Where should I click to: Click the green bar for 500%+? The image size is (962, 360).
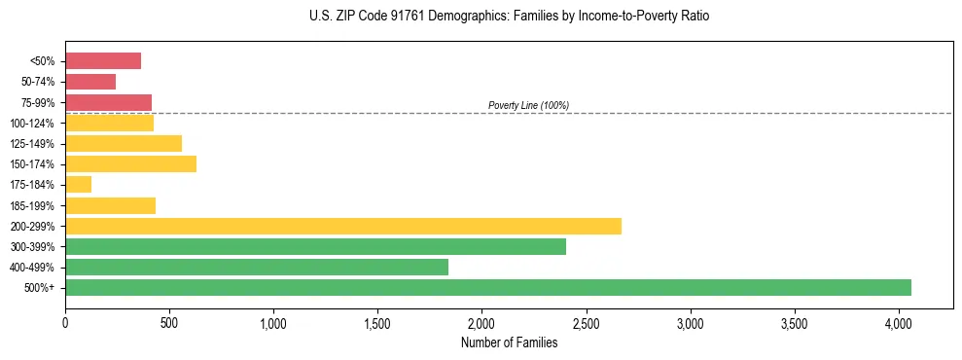487,287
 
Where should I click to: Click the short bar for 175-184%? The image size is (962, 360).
78,184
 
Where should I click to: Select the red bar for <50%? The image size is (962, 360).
103,60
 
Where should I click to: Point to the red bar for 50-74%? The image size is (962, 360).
90,82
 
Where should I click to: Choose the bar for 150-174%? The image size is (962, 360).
130,163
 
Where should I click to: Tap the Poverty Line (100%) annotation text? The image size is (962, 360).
528,105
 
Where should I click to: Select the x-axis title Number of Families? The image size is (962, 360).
509,342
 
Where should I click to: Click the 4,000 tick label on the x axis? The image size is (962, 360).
898,322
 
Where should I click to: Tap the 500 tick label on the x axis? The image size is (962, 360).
169,322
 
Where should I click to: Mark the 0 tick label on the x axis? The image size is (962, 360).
65,322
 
